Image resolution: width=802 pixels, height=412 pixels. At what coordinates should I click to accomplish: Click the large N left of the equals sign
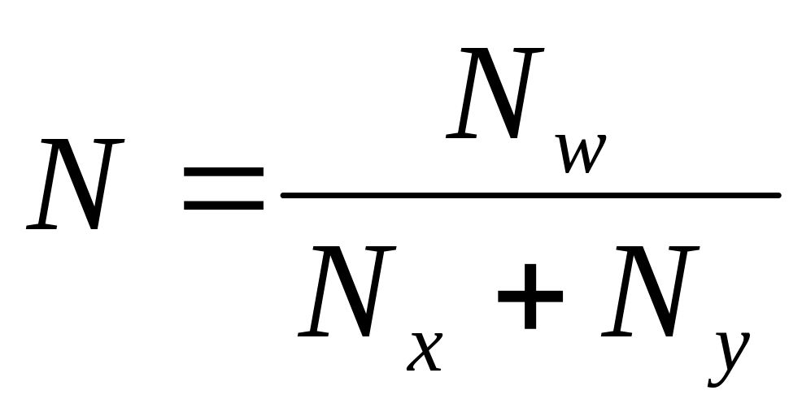click(x=76, y=184)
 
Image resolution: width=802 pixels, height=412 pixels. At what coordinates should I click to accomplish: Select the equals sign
click(x=223, y=189)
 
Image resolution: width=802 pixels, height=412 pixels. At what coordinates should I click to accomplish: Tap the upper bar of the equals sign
click(x=223, y=173)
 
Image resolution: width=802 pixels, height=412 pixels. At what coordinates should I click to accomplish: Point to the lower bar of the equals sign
click(x=223, y=205)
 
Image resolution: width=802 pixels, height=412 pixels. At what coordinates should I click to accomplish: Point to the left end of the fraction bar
click(x=283, y=195)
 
